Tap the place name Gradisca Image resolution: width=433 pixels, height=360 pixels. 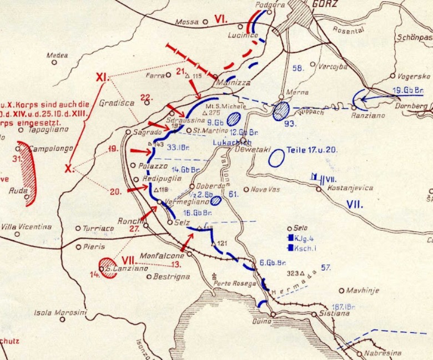click(x=113, y=103)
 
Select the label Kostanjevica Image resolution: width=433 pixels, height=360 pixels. click(x=349, y=188)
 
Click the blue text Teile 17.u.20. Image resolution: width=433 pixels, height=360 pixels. click(x=313, y=150)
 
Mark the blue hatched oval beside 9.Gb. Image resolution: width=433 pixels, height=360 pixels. click(x=234, y=118)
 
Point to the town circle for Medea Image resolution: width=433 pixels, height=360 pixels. click(x=54, y=62)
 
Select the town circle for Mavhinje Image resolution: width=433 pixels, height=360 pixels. click(x=341, y=290)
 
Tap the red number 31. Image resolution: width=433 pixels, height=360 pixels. click(x=17, y=158)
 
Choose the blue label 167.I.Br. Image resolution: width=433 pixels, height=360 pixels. click(x=345, y=306)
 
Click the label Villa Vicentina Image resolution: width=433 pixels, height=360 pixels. click(x=26, y=226)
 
